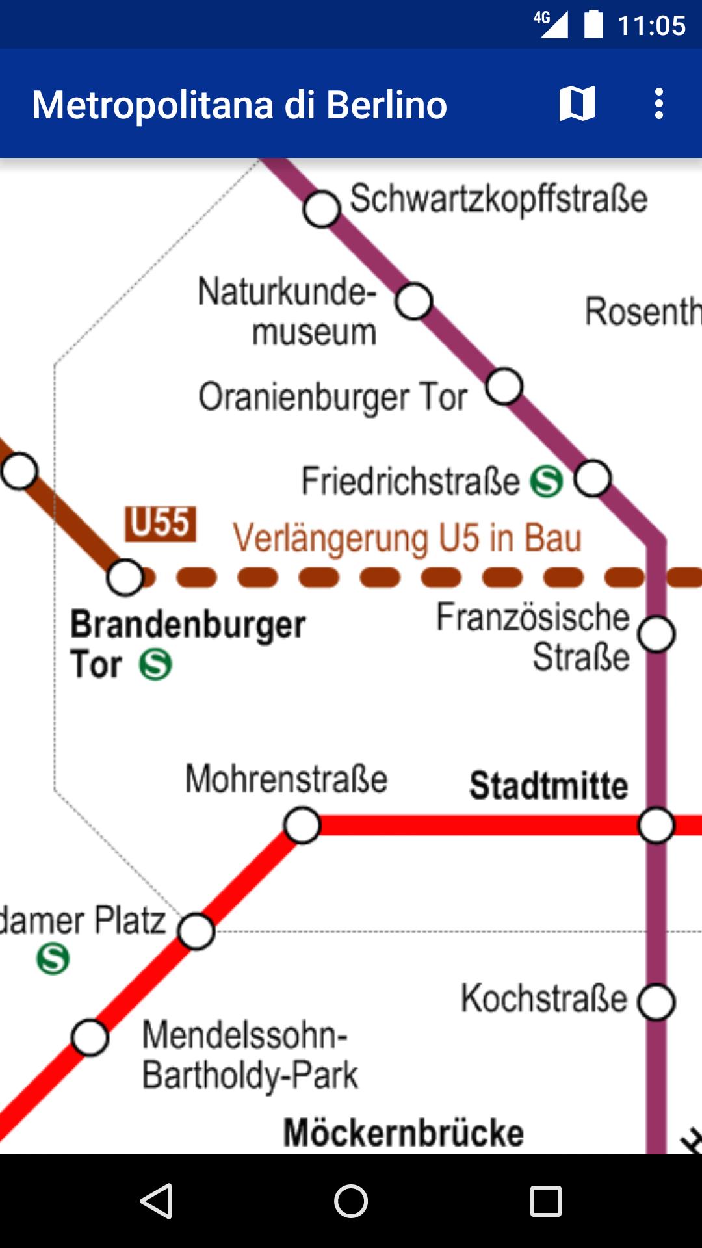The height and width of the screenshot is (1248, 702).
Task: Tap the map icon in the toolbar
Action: click(577, 104)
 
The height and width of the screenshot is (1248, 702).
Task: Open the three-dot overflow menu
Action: click(658, 104)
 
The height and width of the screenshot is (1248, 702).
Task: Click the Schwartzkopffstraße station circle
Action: click(322, 209)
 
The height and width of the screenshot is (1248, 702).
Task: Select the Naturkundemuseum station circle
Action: click(414, 301)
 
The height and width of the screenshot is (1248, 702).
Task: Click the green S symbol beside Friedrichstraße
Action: click(547, 482)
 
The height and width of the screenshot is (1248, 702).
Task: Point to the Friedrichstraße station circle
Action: click(593, 478)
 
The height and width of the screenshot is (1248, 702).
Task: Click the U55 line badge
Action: click(161, 524)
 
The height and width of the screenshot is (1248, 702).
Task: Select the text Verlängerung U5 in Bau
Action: click(407, 538)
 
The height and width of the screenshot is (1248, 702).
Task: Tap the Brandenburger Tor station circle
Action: click(125, 577)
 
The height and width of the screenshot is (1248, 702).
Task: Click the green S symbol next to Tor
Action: click(156, 664)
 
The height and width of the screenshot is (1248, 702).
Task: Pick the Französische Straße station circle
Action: click(656, 634)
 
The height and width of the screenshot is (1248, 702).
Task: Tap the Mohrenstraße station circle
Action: click(302, 825)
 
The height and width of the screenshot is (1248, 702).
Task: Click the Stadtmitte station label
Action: click(549, 785)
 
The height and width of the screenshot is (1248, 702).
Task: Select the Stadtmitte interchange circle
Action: click(656, 825)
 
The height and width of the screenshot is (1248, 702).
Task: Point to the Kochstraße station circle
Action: click(656, 1002)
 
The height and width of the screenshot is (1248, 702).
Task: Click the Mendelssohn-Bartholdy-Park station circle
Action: click(90, 1037)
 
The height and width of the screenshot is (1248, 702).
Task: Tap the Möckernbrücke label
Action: click(404, 1133)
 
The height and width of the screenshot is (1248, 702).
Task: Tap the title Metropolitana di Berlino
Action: click(240, 105)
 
